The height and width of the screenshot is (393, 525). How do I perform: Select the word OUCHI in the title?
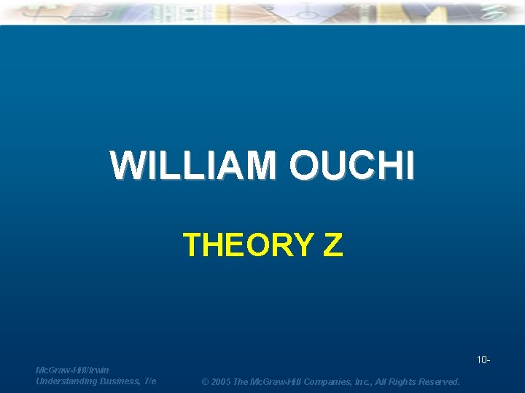[351, 165]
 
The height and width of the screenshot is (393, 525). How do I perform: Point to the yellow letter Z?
[332, 245]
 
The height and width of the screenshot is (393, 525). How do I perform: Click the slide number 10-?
[483, 360]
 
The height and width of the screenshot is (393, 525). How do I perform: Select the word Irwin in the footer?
[98, 370]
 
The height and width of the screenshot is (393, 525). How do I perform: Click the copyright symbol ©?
[206, 381]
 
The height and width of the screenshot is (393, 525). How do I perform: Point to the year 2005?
[223, 381]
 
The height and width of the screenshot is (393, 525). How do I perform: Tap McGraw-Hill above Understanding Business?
[60, 370]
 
